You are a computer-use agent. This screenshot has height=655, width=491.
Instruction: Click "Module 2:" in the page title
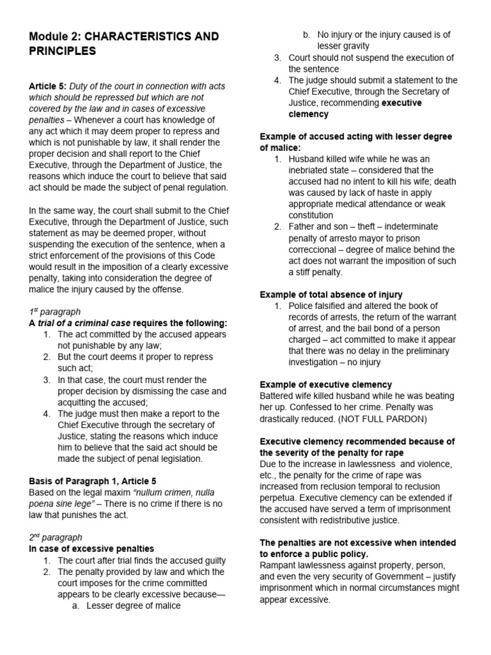click(x=53, y=36)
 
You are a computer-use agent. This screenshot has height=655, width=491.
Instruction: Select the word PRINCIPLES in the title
click(x=63, y=51)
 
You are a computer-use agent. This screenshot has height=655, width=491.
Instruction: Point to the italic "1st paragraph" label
click(x=55, y=312)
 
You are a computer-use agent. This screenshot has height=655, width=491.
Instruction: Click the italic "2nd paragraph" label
click(x=56, y=537)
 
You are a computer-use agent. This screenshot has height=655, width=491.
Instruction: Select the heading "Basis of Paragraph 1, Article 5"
click(x=93, y=481)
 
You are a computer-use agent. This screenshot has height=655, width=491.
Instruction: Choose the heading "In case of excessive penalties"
click(x=91, y=549)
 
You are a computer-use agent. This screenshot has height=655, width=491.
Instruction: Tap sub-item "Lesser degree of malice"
click(x=134, y=606)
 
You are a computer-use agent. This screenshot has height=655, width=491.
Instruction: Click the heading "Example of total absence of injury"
click(x=331, y=294)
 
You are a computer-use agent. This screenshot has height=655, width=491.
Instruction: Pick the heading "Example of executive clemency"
click(x=325, y=384)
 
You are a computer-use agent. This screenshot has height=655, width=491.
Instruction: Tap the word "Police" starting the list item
click(x=301, y=306)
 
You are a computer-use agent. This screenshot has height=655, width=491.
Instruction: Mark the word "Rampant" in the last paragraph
click(x=279, y=565)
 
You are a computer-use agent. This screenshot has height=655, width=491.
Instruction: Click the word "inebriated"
click(x=311, y=170)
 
